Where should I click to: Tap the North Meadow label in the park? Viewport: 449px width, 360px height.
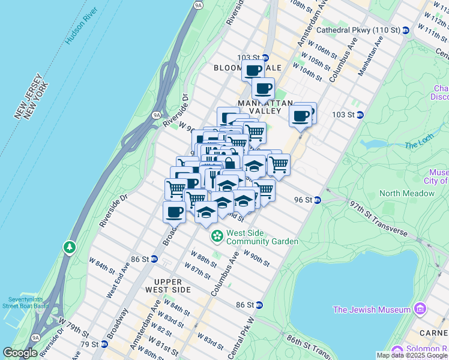(x=406, y=193)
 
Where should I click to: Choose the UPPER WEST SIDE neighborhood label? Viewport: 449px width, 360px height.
(x=172, y=285)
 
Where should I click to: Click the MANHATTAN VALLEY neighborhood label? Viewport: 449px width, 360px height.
(x=259, y=107)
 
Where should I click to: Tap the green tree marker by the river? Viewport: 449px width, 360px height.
(x=70, y=247)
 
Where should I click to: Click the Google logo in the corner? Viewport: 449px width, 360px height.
(x=20, y=353)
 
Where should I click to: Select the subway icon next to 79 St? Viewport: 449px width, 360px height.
(x=104, y=344)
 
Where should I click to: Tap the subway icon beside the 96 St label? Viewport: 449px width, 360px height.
(x=318, y=200)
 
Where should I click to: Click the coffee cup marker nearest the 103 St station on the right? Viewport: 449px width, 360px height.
(x=301, y=115)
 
